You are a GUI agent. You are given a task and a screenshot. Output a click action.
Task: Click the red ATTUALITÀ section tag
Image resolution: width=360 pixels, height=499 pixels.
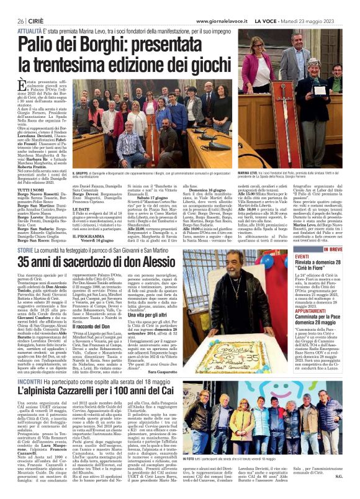tap(30, 30)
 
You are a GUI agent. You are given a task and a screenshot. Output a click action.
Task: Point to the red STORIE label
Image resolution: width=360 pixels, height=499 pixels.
tap(25, 232)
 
